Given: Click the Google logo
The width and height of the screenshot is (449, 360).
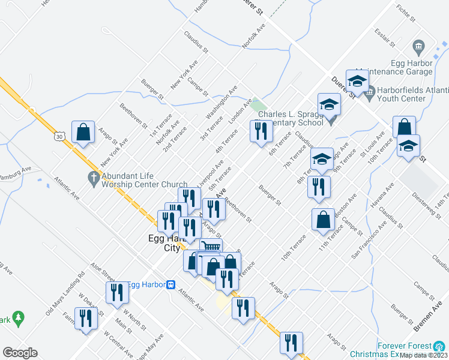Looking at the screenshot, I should [20, 353].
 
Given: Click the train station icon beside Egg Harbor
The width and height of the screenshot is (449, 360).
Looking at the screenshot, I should [171, 284].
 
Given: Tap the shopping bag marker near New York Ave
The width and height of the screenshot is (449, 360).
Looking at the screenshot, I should [83, 133].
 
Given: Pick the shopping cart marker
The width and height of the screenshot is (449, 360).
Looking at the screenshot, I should [210, 247].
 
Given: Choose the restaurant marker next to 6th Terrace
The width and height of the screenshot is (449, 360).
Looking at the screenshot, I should [261, 131].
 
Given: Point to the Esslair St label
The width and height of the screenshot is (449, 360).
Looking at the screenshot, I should [384, 35].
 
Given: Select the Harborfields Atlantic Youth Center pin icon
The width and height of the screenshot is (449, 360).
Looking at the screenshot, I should [370, 92].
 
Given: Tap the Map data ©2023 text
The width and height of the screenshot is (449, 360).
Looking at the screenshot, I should [424, 355].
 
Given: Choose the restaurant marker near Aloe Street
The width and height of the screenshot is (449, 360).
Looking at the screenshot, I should [116, 292].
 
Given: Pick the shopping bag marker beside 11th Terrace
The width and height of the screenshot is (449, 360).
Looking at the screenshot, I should [323, 220].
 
